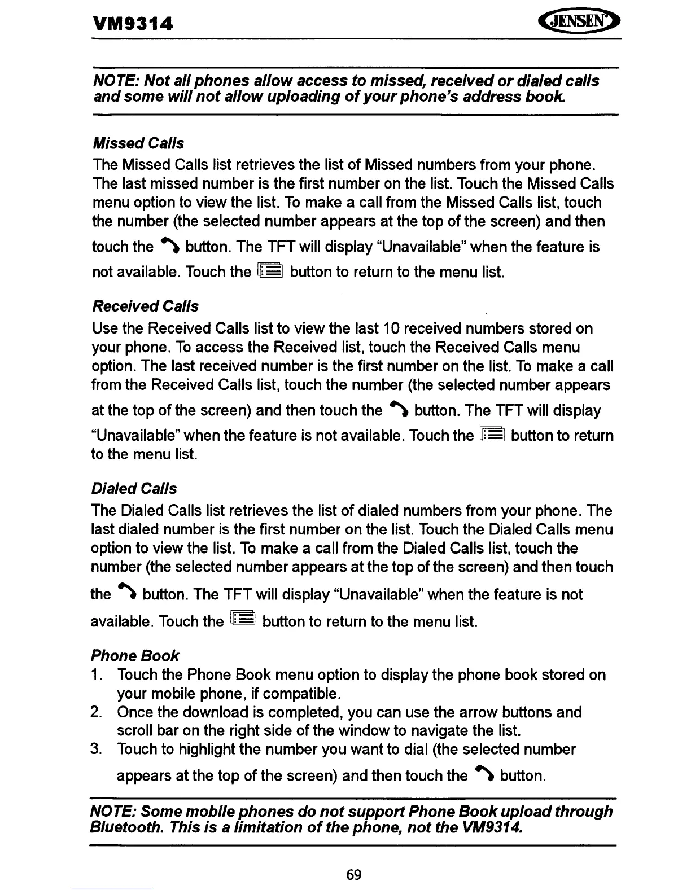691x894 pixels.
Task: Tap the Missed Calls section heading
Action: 138,143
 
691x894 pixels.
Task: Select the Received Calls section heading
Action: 145,306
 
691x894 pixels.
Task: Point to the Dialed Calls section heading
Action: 134,489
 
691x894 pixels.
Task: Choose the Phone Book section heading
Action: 134,656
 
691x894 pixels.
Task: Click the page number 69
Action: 354,875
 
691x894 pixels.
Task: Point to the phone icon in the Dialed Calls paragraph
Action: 126,595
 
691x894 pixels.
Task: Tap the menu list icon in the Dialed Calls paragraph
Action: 243,620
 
